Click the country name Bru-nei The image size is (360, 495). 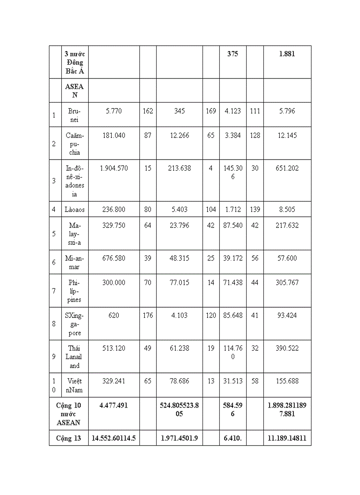pyautogui.click(x=75, y=115)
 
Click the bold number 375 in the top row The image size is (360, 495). pyautogui.click(x=232, y=54)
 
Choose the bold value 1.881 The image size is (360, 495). pyautogui.click(x=287, y=54)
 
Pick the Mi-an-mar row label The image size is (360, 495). pyautogui.click(x=75, y=262)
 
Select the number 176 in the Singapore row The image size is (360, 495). pyautogui.click(x=148, y=315)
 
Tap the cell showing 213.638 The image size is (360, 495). pyautogui.click(x=179, y=168)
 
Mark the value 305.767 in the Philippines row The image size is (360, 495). pyautogui.click(x=287, y=283)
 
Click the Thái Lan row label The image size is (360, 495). pyautogui.click(x=75, y=357)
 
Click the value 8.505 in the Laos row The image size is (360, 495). pyautogui.click(x=287, y=209)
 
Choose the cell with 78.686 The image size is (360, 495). pyautogui.click(x=179, y=381)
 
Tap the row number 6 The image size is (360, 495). pyautogui.click(x=54, y=262)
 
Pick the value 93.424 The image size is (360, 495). pyautogui.click(x=287, y=315)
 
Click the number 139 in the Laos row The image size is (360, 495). pyautogui.click(x=255, y=209)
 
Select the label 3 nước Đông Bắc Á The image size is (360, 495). pyautogui.click(x=75, y=63)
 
